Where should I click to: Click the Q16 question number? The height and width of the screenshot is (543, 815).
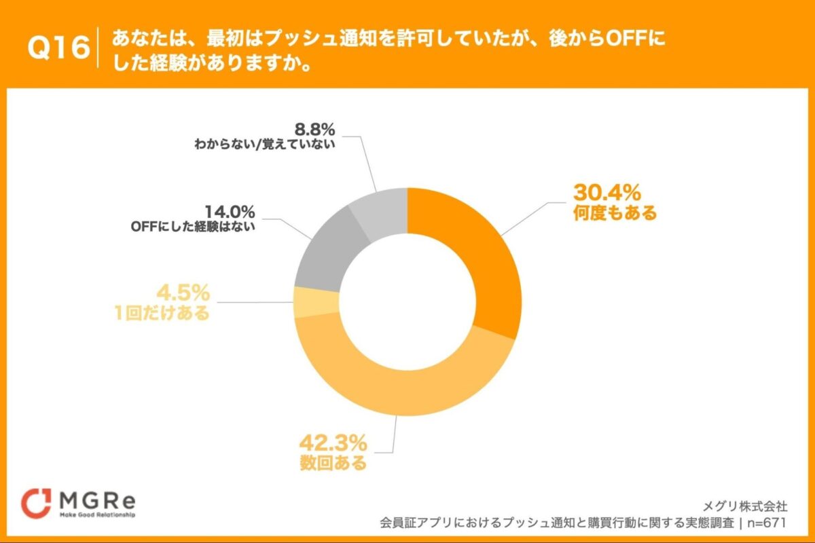pyautogui.click(x=59, y=48)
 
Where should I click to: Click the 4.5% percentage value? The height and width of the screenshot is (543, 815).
pyautogui.click(x=183, y=294)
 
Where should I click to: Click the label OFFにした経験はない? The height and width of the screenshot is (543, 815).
pyautogui.click(x=192, y=228)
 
